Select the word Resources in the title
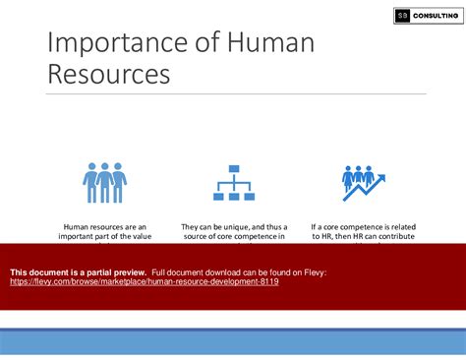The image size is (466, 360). click(x=107, y=75)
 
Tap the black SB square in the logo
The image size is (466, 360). click(x=402, y=16)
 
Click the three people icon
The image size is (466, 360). click(x=104, y=182)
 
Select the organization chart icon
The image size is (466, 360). click(x=233, y=182)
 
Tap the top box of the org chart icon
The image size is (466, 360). click(x=233, y=169)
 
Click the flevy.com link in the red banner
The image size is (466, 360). click(x=144, y=281)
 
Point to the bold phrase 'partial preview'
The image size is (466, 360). click(x=115, y=271)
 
